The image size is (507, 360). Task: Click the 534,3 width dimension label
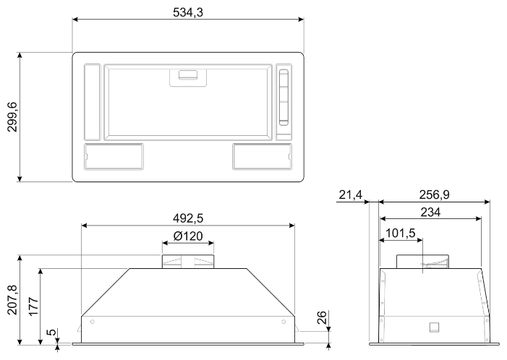coord(188,12)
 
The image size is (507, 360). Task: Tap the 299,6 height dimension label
coord(12,116)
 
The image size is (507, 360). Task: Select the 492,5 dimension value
coord(188,218)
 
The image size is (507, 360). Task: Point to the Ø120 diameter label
coord(188,236)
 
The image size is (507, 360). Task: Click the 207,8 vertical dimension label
coord(12,299)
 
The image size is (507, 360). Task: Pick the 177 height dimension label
coord(33,307)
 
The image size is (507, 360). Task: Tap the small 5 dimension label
coord(51,332)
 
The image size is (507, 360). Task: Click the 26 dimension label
coord(322,317)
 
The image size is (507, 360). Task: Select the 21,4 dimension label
coord(351,195)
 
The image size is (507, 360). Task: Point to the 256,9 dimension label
coord(434,194)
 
